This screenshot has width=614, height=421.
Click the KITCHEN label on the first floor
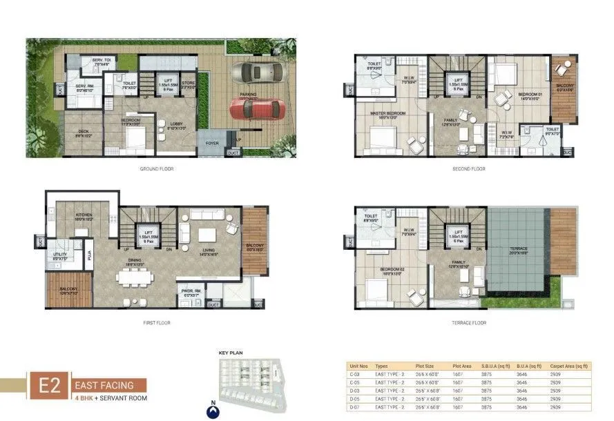tap(84, 215)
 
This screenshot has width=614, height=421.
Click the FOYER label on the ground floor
tap(211, 144)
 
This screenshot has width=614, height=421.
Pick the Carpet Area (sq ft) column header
tap(568, 368)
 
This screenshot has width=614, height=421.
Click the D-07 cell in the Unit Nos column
tap(355, 408)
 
